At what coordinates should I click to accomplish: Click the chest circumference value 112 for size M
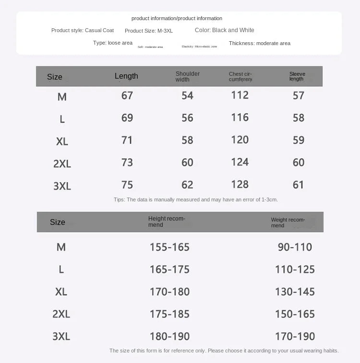point(240,95)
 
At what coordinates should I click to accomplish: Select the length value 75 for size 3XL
point(127,185)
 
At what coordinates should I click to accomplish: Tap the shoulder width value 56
point(187,118)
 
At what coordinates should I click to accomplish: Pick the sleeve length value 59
point(299,140)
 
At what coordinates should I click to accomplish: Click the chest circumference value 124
point(240,162)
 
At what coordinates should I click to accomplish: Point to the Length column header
point(126,76)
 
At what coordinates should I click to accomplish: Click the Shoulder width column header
point(188,76)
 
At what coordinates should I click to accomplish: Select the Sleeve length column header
point(297,76)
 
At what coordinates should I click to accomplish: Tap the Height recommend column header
point(167,222)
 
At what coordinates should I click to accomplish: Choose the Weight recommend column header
point(288,222)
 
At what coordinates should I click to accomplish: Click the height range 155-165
point(169,247)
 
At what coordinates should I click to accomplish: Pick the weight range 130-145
point(295,292)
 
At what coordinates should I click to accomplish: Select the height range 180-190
point(169,336)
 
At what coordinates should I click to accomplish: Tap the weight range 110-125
point(295,269)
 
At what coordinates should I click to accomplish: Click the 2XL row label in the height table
point(61,314)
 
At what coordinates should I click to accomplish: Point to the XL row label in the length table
point(62,141)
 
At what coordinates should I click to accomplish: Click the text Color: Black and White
point(225,30)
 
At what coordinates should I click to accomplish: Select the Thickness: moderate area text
point(260,43)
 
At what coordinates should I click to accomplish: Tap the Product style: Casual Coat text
point(82,30)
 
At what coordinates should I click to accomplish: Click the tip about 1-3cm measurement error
point(196,199)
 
